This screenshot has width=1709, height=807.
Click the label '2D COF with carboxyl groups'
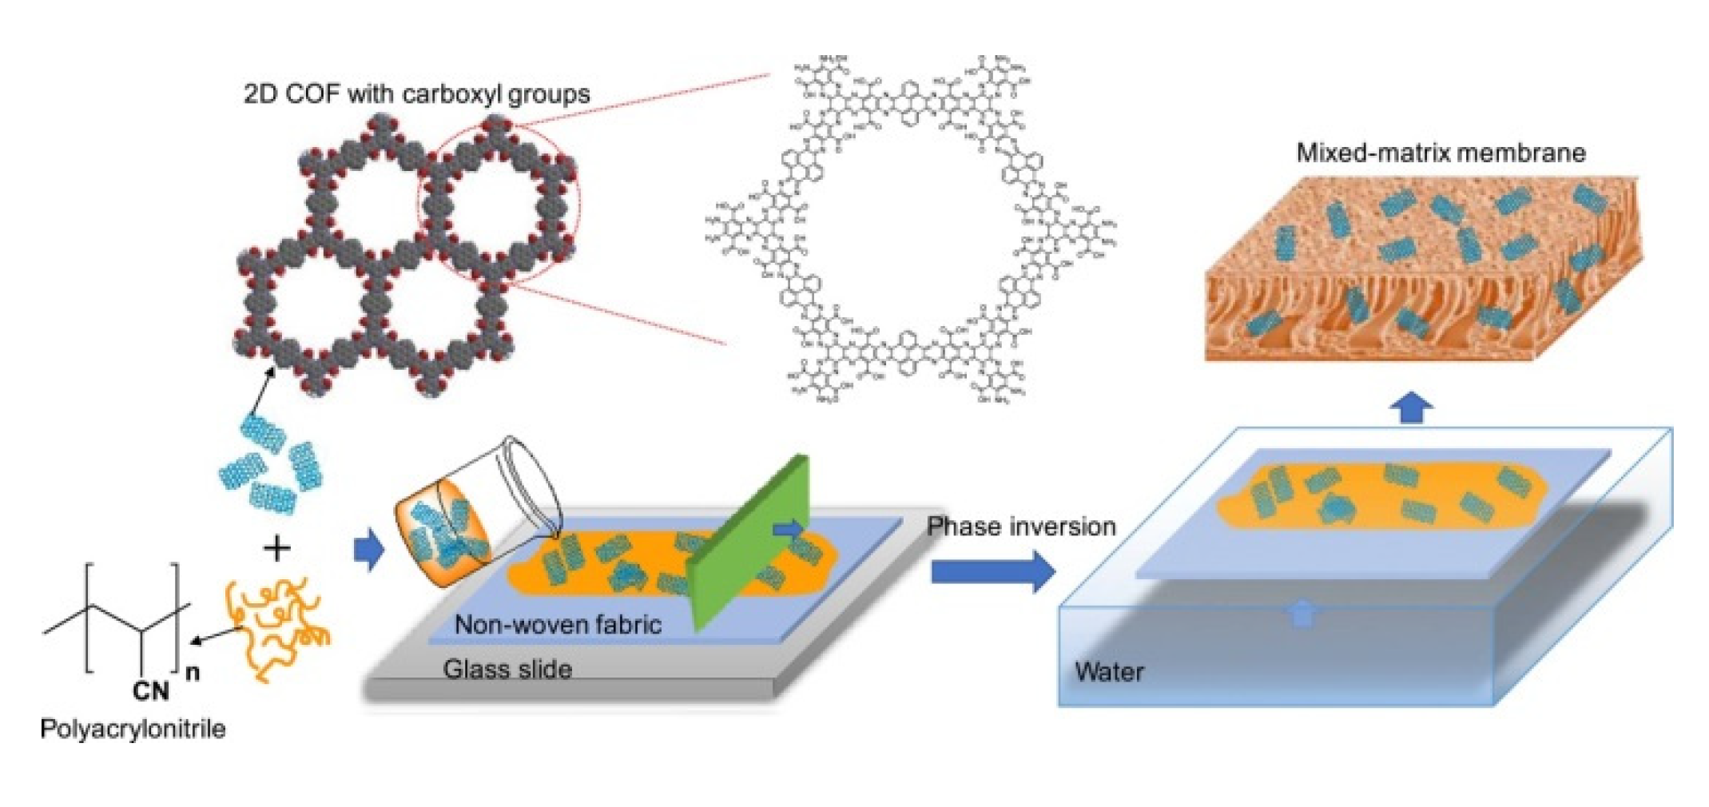tap(416, 94)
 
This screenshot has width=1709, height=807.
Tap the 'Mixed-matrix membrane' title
tap(1440, 153)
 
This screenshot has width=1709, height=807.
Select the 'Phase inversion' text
tap(1021, 527)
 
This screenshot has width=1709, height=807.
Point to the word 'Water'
tap(1109, 672)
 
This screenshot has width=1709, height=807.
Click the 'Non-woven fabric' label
tap(558, 624)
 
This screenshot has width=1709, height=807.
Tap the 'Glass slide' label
tap(507, 669)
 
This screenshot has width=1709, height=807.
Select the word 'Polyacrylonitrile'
tap(133, 729)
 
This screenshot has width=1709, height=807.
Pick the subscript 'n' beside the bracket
tap(193, 673)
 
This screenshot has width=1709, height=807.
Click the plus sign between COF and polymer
tap(277, 549)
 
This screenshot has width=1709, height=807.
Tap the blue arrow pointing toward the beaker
tap(368, 550)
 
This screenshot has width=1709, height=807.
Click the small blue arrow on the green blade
tap(789, 528)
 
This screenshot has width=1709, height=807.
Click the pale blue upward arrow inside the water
tap(1302, 614)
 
